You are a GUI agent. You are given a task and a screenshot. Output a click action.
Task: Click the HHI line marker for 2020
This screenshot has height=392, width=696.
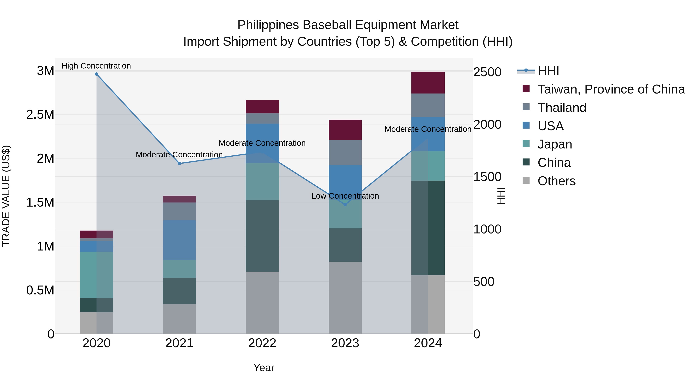pos(96,74)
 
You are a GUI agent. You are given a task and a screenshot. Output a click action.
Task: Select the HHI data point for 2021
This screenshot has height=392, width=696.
pos(179,163)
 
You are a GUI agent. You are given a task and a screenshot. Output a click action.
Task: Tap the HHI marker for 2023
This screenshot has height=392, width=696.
pos(345,205)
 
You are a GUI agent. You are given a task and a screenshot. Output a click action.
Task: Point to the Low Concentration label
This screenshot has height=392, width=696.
pos(345,196)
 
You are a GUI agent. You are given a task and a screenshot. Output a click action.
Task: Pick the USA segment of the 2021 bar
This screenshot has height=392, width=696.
pos(179,240)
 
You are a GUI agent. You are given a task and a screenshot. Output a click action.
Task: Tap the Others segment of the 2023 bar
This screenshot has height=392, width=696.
pos(345,298)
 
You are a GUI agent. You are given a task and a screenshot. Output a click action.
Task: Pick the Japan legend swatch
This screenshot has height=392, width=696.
pos(526,144)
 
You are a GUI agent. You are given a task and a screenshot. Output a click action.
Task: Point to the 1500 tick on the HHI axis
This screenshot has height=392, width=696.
pos(487,177)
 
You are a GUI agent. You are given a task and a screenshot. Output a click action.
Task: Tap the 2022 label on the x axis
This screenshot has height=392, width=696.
pos(262,344)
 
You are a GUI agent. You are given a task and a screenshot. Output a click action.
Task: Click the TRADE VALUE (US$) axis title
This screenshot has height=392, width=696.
pos(6,196)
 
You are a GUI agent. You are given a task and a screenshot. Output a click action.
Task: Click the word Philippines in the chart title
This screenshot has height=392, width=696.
pos(268,25)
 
